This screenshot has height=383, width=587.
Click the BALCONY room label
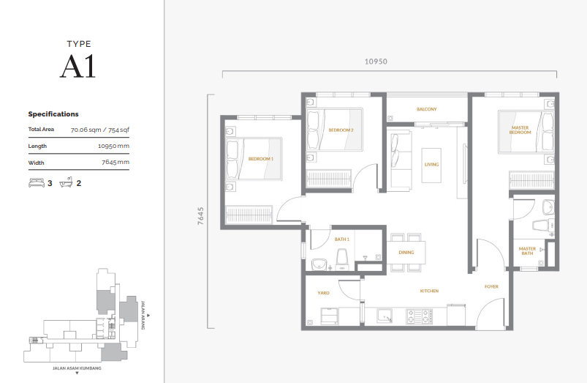coord(426,109)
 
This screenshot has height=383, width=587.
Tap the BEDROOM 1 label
coord(260,159)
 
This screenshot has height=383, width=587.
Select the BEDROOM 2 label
coord(341,130)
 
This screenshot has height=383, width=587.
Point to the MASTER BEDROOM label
coord(520,130)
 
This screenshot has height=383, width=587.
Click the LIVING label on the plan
coord(431,164)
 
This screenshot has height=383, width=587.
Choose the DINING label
coord(406,253)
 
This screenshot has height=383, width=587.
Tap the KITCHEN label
coord(429,291)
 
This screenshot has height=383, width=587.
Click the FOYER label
coord(491,286)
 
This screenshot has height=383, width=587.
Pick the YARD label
coord(323,293)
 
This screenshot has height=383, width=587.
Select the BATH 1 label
coord(342,239)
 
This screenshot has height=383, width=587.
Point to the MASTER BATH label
coord(527,251)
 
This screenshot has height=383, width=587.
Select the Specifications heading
coord(53,114)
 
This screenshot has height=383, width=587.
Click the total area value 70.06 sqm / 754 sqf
coord(99,130)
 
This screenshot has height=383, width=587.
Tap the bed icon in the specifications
coord(36,183)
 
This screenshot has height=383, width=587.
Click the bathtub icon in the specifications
coord(66,183)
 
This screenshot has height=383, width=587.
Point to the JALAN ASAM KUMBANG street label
coord(77,368)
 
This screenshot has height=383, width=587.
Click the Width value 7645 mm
coord(115,163)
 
